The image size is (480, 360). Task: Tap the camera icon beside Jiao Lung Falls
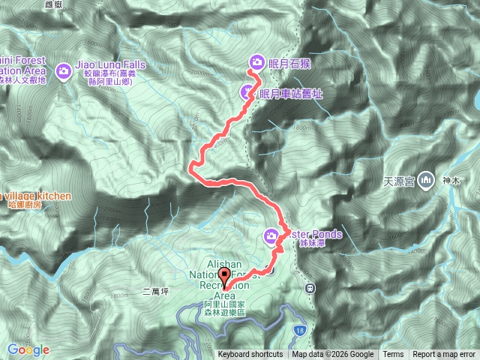pyautogui.click(x=64, y=70)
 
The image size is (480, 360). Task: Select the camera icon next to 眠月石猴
pyautogui.click(x=256, y=61)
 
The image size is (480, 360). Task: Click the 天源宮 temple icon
pyautogui.click(x=427, y=180)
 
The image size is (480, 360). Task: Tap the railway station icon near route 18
pyautogui.click(x=309, y=287)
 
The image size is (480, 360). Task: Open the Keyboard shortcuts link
pyautogui.click(x=250, y=355)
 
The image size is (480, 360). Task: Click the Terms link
pyautogui.click(x=393, y=355)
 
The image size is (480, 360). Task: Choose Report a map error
pyautogui.click(x=445, y=355)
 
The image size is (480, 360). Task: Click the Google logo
pyautogui.click(x=28, y=349)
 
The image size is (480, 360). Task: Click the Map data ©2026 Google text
pyautogui.click(x=332, y=355)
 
